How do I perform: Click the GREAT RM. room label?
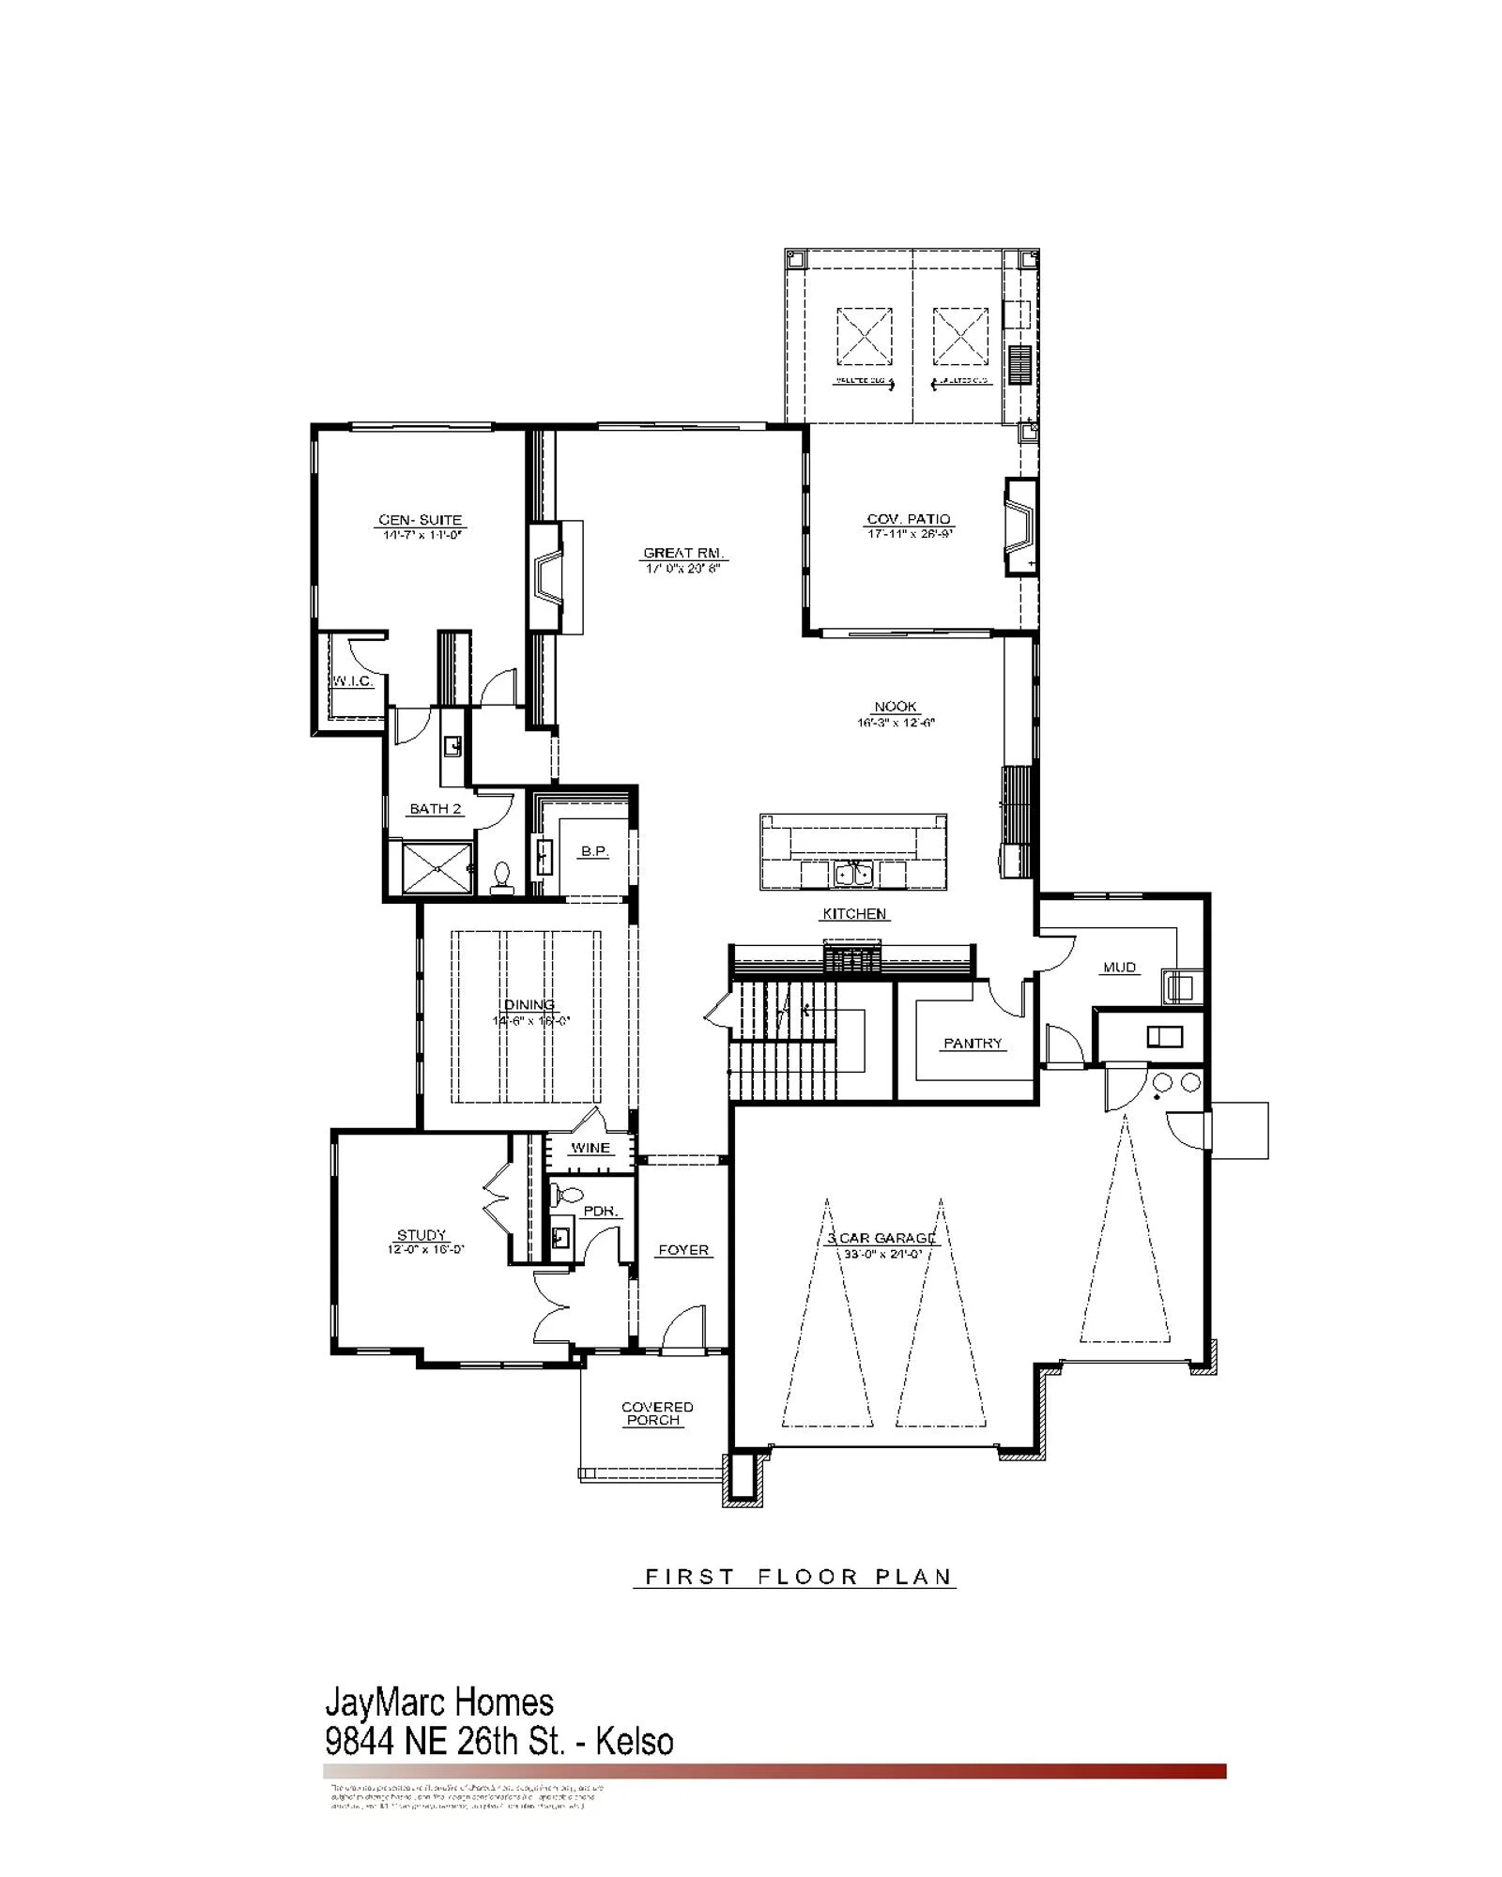click(683, 554)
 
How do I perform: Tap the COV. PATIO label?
click(908, 519)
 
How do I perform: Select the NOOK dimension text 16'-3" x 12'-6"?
click(896, 723)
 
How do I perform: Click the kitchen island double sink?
click(853, 874)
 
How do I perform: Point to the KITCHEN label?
click(854, 913)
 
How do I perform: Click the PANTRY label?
click(973, 1044)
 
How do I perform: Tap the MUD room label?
click(1119, 967)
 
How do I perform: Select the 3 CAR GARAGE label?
click(881, 1238)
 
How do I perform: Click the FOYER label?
click(683, 1250)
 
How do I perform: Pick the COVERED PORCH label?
click(656, 1413)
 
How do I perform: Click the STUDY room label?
click(421, 1235)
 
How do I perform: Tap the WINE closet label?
click(590, 1148)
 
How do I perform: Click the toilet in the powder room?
click(567, 1196)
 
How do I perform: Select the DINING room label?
click(529, 1005)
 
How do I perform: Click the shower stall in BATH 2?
click(437, 868)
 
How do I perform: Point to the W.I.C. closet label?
click(352, 681)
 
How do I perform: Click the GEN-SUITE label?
click(421, 520)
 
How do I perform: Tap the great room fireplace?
click(546, 574)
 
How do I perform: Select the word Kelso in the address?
click(634, 1742)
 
